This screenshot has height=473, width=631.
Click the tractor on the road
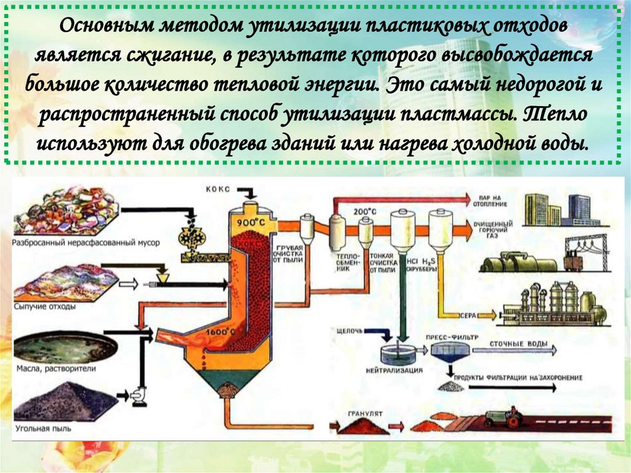coord(503,417)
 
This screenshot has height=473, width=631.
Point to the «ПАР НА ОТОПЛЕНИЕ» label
coord(491,200)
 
